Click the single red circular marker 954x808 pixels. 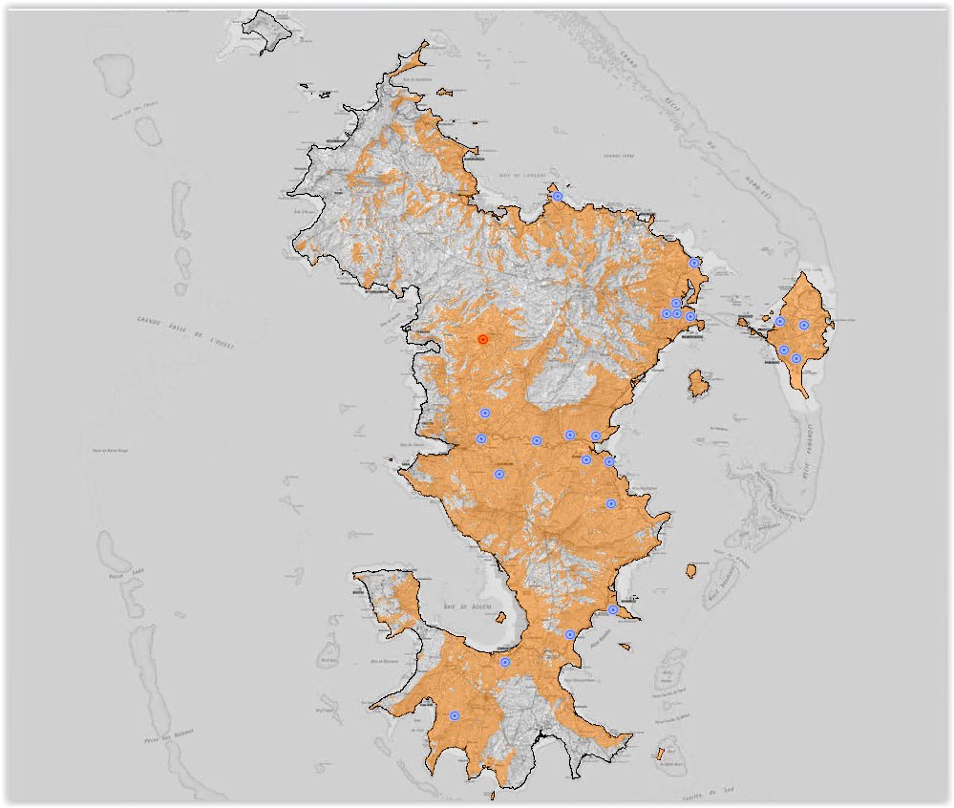click(x=483, y=339)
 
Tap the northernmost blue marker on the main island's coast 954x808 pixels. click(x=558, y=197)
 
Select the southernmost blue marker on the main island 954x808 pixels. click(x=455, y=715)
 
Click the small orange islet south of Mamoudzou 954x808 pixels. click(x=699, y=385)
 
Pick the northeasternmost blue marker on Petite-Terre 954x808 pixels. click(x=804, y=326)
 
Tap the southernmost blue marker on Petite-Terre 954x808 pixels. click(x=796, y=359)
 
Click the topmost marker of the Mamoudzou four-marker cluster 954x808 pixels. click(x=676, y=303)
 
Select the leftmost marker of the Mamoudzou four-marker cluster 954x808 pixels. click(x=667, y=313)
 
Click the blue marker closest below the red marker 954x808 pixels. click(x=485, y=414)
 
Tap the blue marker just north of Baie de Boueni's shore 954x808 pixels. click(x=505, y=662)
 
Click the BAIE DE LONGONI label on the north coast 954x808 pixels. click(x=521, y=176)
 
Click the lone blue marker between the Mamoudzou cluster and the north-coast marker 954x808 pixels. click(x=695, y=263)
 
